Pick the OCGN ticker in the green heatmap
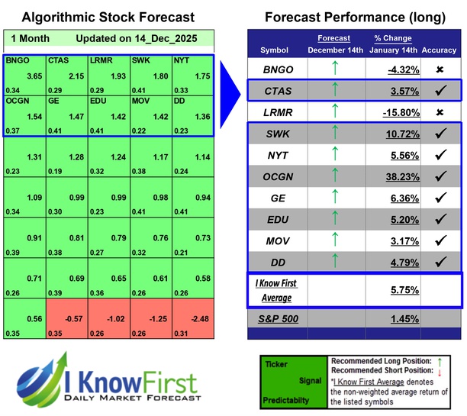(17, 101)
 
